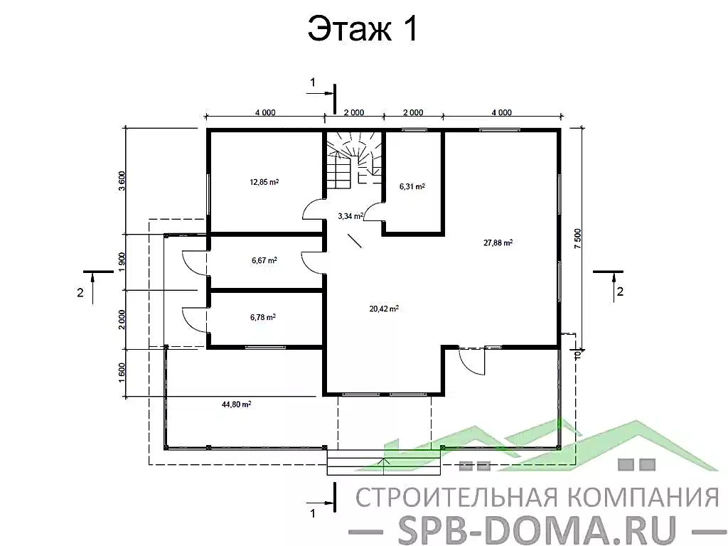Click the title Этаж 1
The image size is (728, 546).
(x=362, y=30)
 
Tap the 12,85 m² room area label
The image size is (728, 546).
(x=264, y=182)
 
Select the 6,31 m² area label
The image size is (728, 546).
(x=412, y=187)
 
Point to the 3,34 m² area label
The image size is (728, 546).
(x=350, y=215)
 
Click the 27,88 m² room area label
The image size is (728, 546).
(x=498, y=242)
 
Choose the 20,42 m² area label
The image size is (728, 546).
(x=384, y=309)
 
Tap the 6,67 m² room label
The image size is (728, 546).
(x=264, y=260)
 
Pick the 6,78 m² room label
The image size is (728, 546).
(x=262, y=317)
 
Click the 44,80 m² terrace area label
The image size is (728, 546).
(x=237, y=405)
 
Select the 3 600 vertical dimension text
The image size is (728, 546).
(x=122, y=181)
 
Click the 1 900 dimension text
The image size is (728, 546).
(x=122, y=262)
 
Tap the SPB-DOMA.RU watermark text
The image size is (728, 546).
(x=530, y=528)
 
